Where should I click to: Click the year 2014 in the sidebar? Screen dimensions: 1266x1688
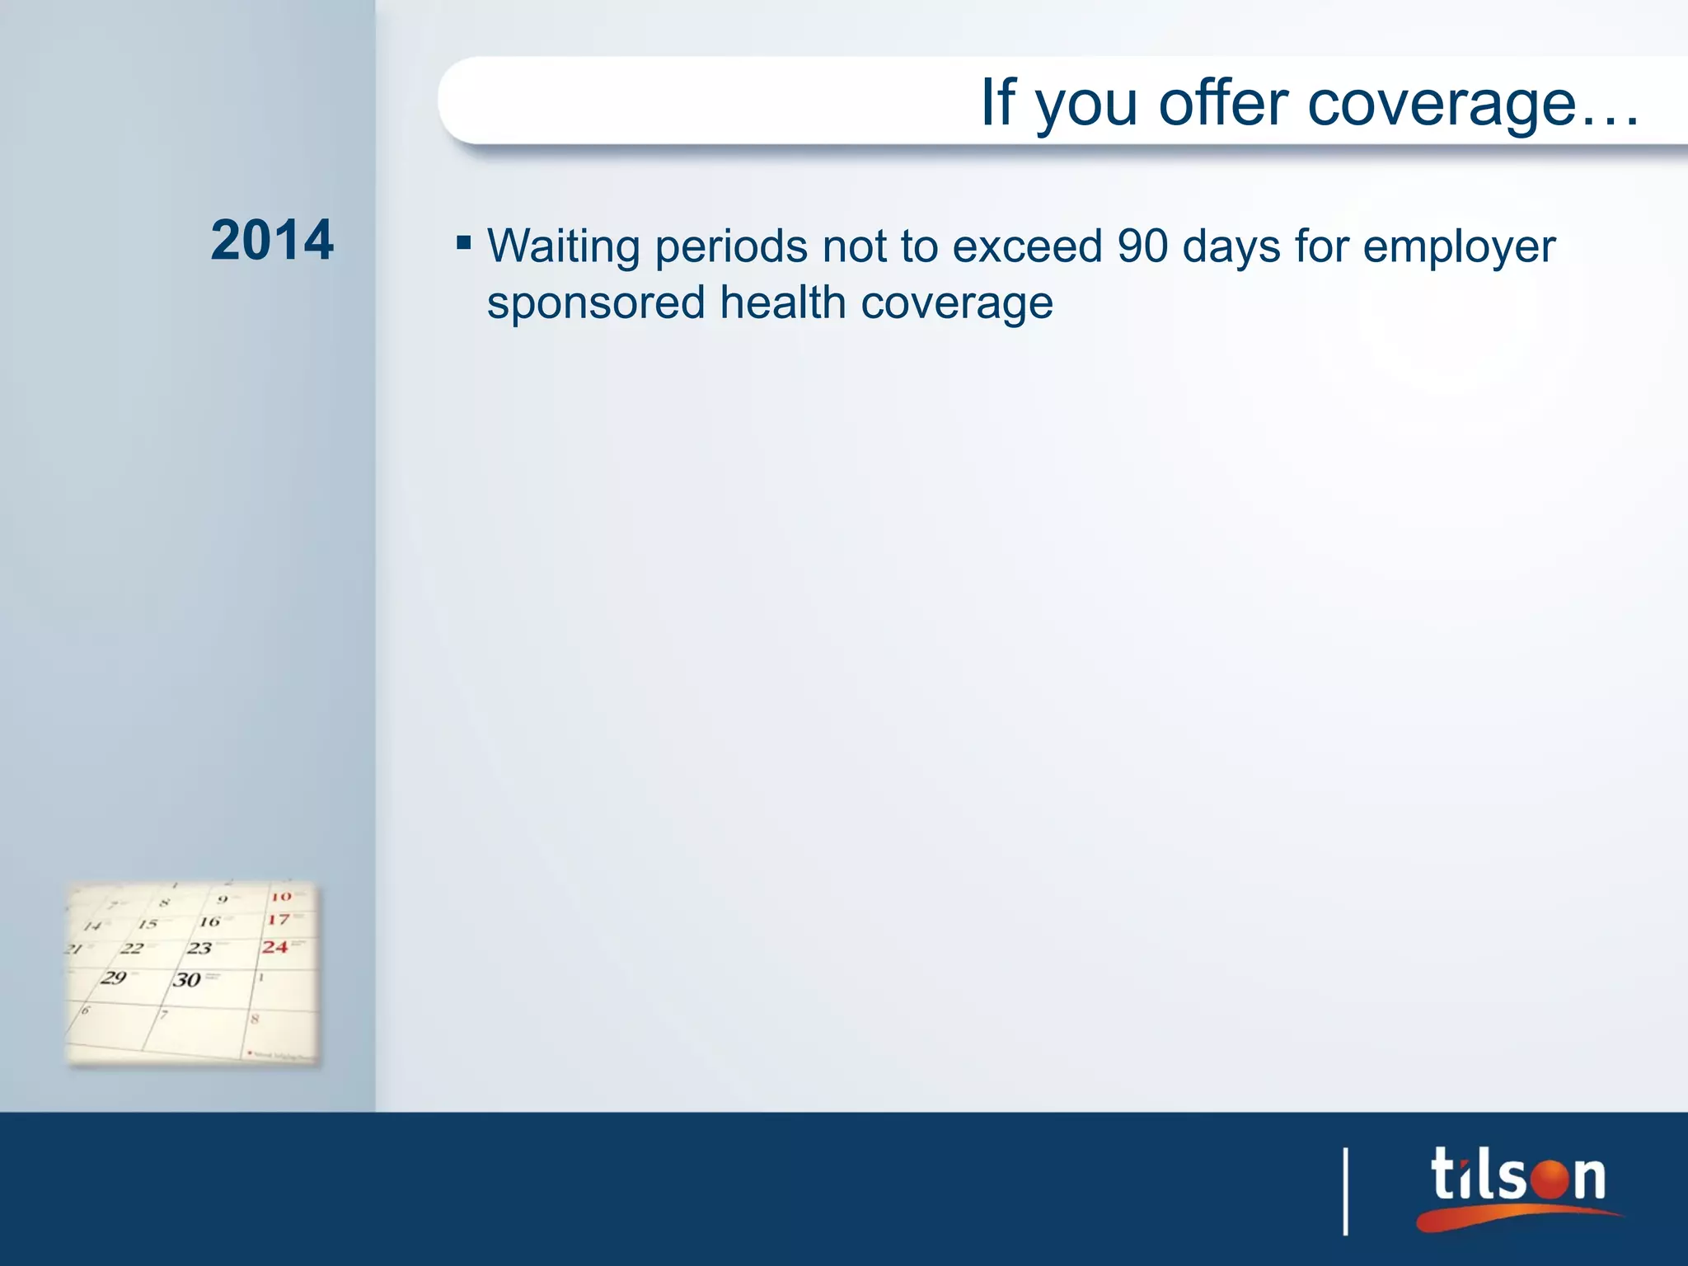coord(272,241)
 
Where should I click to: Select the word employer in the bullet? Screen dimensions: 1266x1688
coord(1459,247)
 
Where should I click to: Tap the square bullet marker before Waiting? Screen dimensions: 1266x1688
coord(464,243)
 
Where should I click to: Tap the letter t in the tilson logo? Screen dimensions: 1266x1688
coord(1445,1175)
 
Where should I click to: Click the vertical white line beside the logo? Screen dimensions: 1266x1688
coord(1346,1191)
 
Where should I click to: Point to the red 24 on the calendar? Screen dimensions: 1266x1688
coord(275,947)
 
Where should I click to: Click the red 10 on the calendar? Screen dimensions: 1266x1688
coord(281,896)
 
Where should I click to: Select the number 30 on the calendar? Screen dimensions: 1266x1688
coord(187,979)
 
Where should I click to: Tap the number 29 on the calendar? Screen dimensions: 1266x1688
coord(114,978)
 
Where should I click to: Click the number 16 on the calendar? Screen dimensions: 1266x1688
coord(210,921)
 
